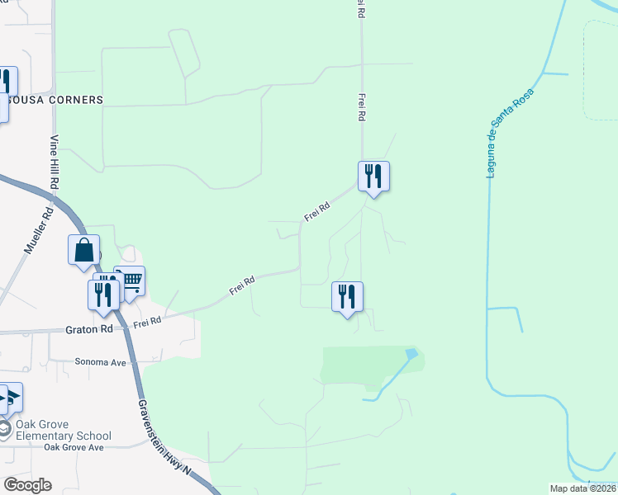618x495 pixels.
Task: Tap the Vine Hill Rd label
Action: [55, 160]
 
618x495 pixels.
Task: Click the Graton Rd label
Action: [88, 330]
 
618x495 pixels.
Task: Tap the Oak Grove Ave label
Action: [74, 447]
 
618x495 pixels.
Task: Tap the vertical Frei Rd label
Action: [361, 107]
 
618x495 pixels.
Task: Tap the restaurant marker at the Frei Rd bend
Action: [373, 176]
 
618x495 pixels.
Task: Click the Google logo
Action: [27, 485]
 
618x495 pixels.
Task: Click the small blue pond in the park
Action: [411, 354]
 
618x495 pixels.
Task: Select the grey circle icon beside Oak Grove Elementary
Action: [5, 430]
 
